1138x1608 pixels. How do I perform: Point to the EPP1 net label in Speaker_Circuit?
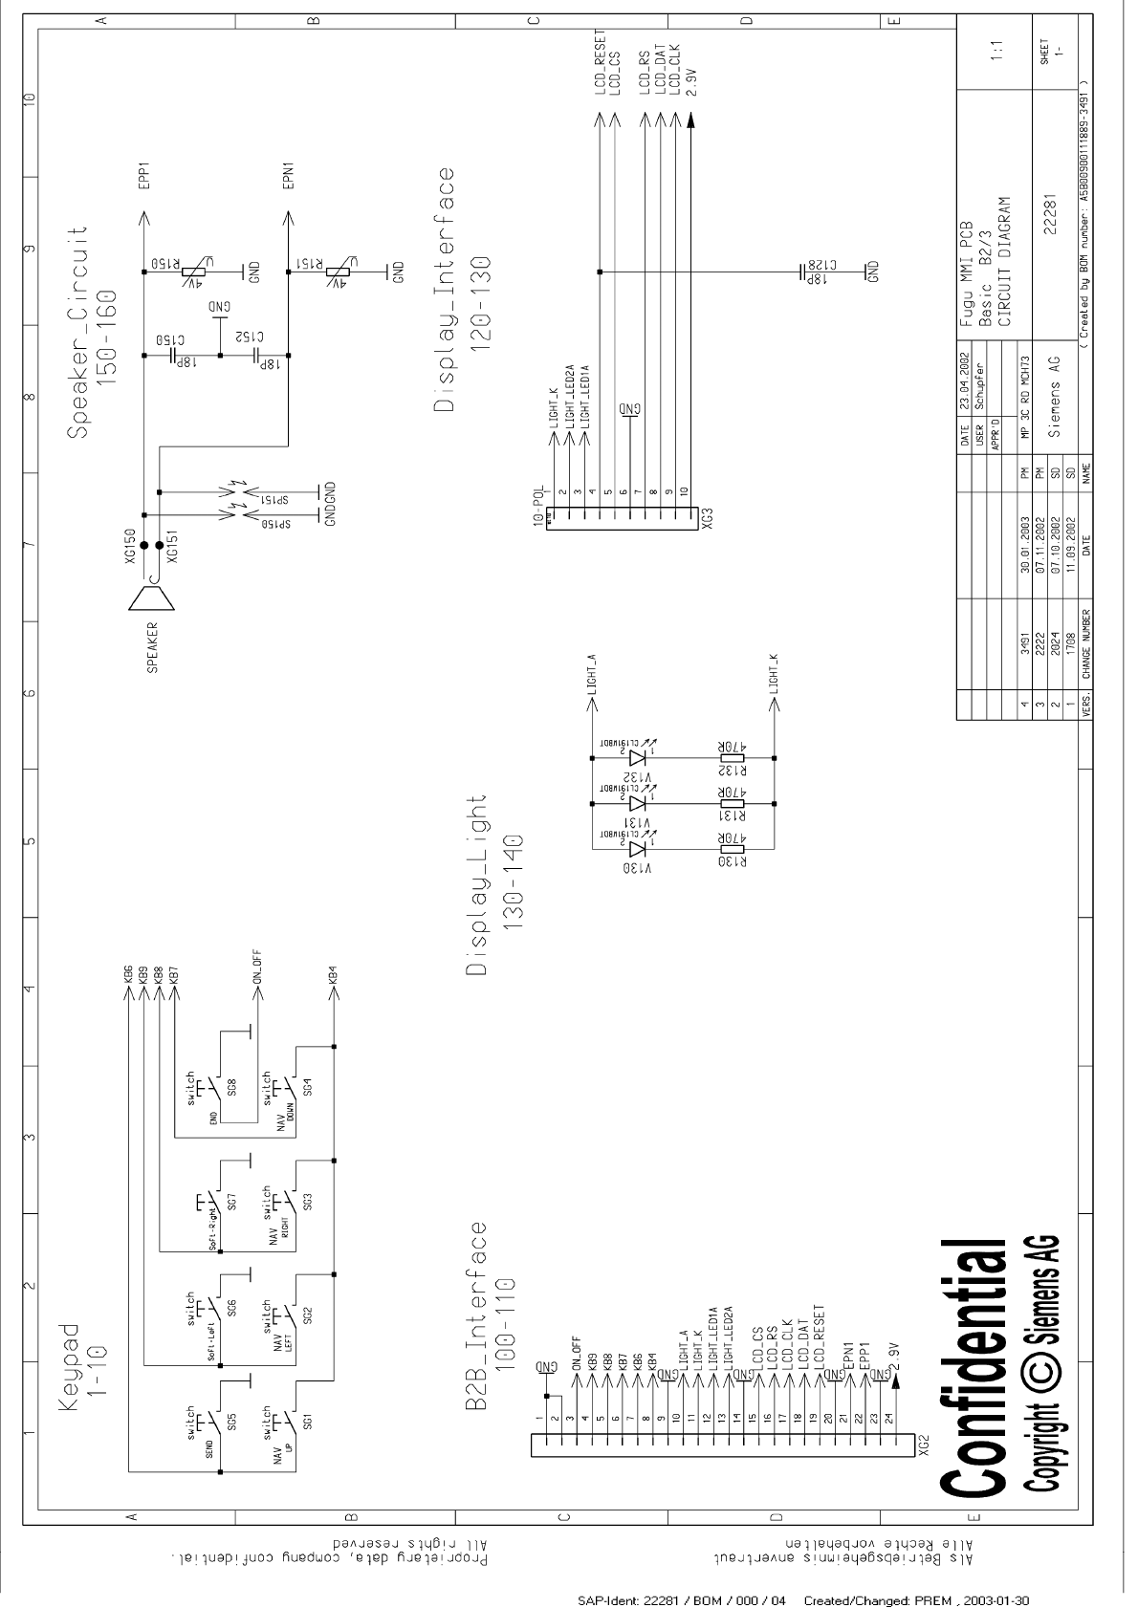[x=144, y=176]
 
